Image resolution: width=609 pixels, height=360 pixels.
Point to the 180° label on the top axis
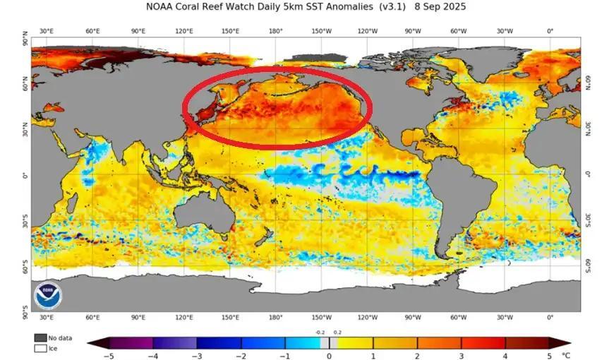[x=276, y=31]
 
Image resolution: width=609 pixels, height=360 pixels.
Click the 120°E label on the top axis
[x=185, y=31]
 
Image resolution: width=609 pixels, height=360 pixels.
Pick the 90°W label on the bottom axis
[x=412, y=318]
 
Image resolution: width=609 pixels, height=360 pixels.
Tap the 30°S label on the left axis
[x=24, y=223]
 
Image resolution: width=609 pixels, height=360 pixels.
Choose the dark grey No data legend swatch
[x=40, y=338]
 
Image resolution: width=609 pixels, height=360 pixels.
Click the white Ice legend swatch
[x=40, y=348]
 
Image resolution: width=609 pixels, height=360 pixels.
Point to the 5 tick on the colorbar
[x=548, y=355]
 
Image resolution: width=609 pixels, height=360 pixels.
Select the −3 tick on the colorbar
[x=197, y=355]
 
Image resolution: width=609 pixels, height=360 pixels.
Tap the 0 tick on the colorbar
[x=329, y=355]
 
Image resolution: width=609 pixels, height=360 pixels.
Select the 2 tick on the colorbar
[x=416, y=355]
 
